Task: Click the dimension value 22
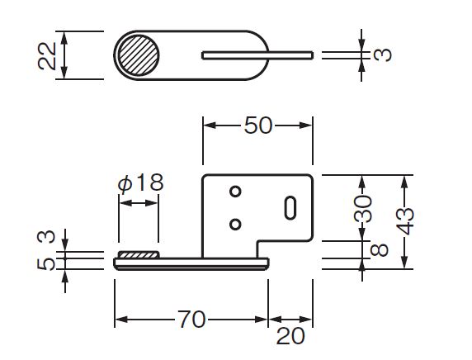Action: (47, 56)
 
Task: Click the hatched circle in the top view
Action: (138, 55)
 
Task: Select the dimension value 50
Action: (258, 126)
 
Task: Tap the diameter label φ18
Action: (141, 182)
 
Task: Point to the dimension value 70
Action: (191, 320)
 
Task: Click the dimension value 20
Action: (290, 336)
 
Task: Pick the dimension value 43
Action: (405, 221)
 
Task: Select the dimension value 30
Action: (363, 208)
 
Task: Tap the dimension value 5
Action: (46, 264)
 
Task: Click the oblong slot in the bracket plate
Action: (290, 207)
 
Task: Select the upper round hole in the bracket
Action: (235, 192)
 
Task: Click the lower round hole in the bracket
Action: (235, 224)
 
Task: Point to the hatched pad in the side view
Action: (138, 255)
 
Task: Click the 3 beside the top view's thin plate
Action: (382, 55)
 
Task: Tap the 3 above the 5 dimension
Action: (46, 236)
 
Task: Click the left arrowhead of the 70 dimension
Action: (121, 320)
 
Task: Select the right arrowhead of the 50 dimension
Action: (306, 126)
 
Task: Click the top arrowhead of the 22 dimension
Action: (64, 37)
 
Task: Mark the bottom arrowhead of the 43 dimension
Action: (404, 262)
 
